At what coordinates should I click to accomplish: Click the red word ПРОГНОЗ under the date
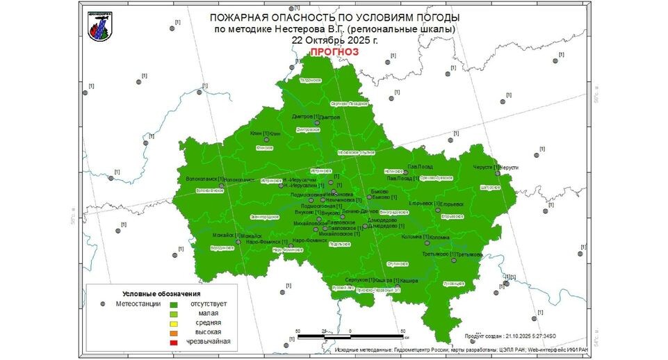[334, 52]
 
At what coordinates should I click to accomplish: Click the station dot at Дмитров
[316, 122]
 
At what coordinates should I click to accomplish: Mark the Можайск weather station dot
[238, 242]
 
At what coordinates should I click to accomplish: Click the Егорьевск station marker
[437, 210]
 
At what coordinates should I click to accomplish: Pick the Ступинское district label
[396, 264]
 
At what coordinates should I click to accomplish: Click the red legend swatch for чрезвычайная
[174, 342]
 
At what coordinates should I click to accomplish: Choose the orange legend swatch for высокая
[174, 332]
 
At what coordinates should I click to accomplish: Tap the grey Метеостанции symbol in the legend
[103, 304]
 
